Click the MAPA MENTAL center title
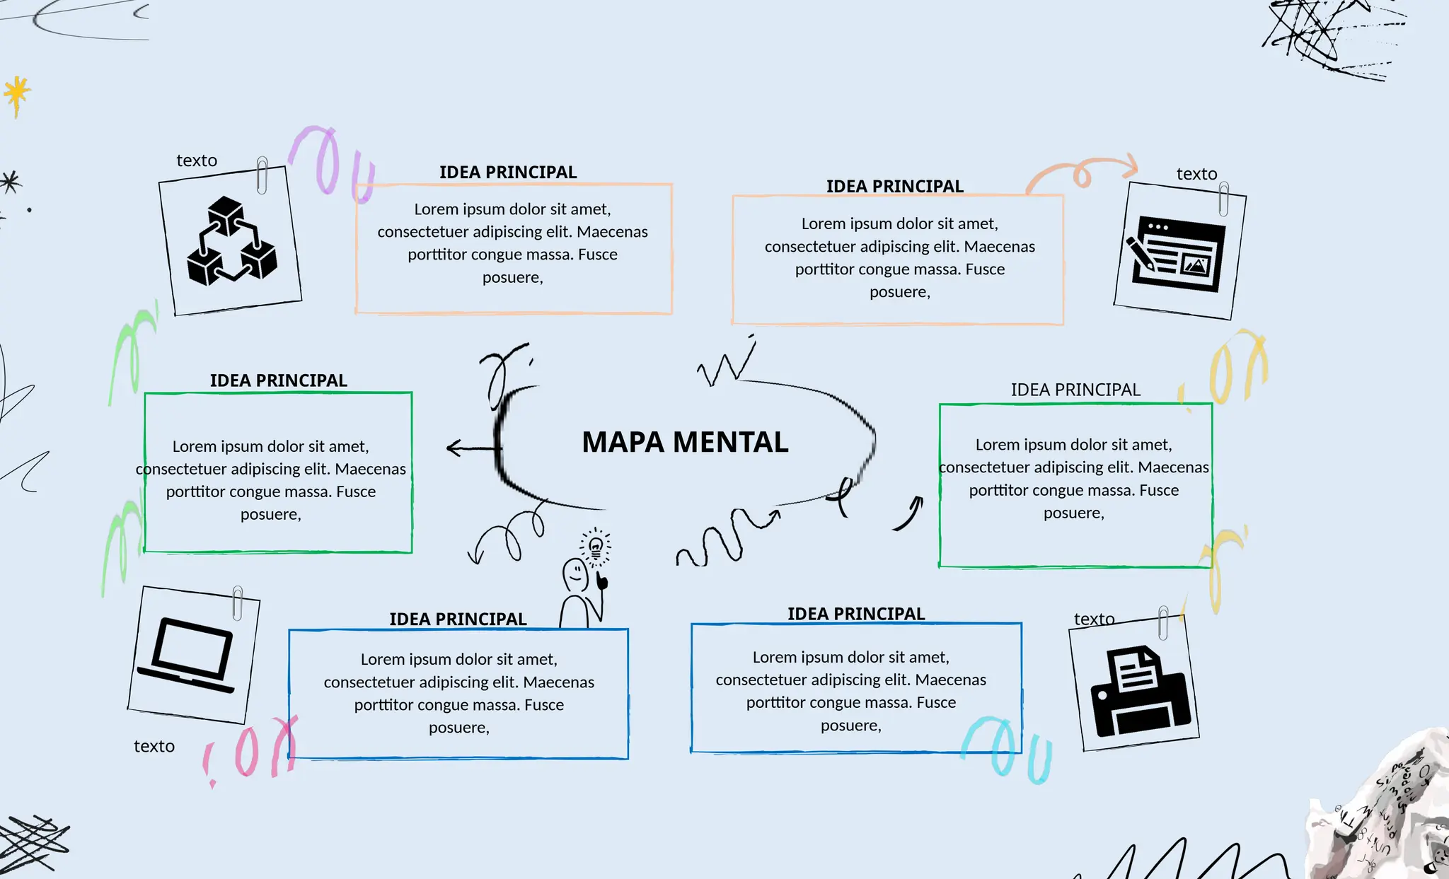[x=685, y=443]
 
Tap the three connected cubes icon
[x=231, y=242]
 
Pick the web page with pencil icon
[x=1177, y=253]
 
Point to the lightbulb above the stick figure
[x=596, y=546]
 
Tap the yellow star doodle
[x=17, y=93]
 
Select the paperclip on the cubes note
[x=262, y=175]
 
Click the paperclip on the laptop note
[x=238, y=603]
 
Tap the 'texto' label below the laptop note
[x=154, y=746]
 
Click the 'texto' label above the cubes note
[x=197, y=161]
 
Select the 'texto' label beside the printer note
[x=1094, y=619]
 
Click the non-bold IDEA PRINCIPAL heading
[x=1075, y=390]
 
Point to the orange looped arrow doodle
[x=1083, y=173]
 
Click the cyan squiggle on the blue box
[x=1008, y=750]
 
